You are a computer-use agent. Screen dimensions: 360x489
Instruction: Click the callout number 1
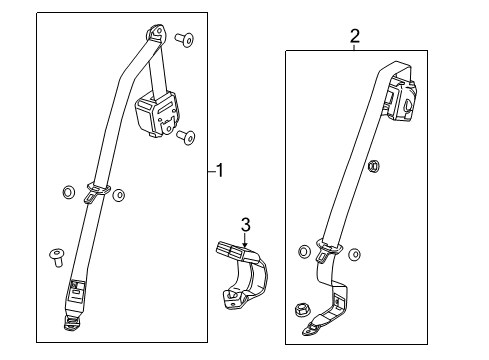pos(220,171)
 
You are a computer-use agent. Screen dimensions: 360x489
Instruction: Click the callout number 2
pos(354,37)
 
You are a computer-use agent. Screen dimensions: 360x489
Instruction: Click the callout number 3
pos(243,223)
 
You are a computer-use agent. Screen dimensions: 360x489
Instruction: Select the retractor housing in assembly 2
pos(404,101)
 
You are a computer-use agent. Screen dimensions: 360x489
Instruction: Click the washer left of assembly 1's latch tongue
pos(68,192)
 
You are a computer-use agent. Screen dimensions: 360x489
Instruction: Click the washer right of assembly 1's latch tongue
pos(118,195)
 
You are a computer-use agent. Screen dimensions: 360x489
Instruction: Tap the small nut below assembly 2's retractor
pos(373,166)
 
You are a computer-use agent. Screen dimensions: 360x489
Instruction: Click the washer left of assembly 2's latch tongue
pos(302,250)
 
